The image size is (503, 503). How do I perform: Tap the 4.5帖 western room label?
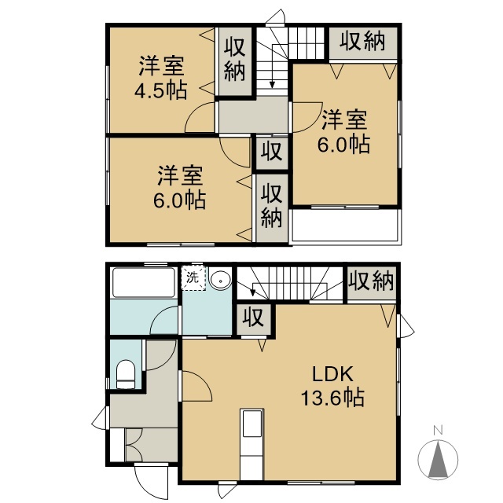[x=160, y=77]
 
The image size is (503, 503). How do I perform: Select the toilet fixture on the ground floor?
[x=127, y=373]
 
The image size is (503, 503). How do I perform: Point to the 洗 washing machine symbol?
[x=193, y=277]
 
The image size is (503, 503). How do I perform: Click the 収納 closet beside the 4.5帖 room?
[x=234, y=61]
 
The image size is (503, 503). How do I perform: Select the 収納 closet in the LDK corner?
[x=371, y=281]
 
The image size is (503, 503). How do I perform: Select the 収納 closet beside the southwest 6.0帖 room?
[x=271, y=205]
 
